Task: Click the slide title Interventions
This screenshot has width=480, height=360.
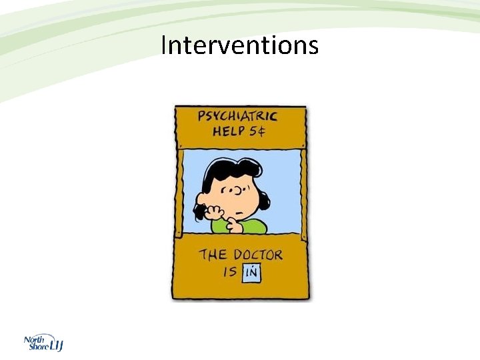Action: [240, 46]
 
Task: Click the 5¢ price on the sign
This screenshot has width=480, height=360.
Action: [257, 131]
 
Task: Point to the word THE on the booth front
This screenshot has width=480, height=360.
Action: [213, 255]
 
